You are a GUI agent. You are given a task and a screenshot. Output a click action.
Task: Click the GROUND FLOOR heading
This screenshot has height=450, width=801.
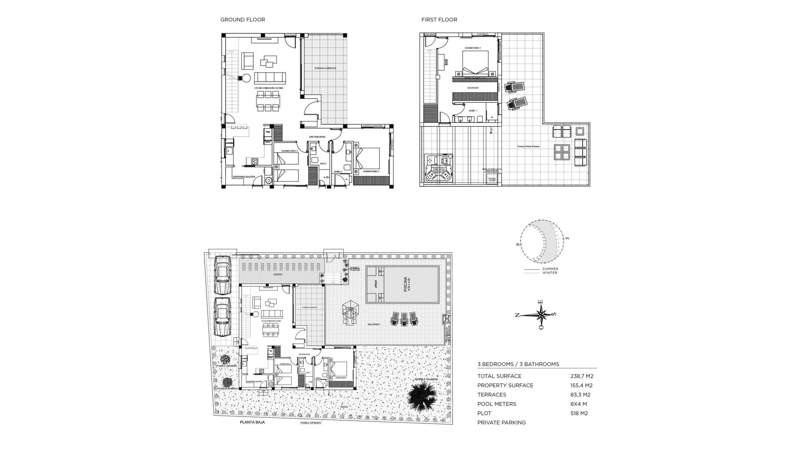[x=242, y=20]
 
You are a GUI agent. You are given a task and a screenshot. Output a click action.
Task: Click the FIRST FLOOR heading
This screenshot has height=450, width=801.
[x=439, y=20]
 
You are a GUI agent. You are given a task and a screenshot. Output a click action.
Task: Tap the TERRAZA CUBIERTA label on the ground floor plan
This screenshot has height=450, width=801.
[x=325, y=68]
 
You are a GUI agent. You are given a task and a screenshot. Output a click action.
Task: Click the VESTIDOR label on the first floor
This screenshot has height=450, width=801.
[x=473, y=88]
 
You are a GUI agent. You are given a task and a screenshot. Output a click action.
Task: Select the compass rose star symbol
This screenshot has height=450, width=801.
[x=541, y=314]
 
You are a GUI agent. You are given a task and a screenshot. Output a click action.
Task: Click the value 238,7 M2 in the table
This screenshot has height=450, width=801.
[x=582, y=376]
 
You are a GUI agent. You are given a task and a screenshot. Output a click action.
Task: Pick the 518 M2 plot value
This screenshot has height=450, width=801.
[x=579, y=413]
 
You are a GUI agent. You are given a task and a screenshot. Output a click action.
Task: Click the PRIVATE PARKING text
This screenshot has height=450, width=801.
[x=501, y=422]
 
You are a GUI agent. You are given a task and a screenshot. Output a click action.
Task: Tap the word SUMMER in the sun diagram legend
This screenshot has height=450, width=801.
[x=550, y=269]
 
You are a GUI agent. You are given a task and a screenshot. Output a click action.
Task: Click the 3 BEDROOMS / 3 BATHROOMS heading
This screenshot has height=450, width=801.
[x=518, y=364]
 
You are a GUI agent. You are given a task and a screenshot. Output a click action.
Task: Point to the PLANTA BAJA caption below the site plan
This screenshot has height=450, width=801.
[x=252, y=422]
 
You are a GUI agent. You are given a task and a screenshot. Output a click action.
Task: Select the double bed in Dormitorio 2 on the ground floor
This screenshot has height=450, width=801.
[x=368, y=158]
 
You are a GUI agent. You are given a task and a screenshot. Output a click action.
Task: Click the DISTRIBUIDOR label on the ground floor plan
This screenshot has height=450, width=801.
[x=317, y=137]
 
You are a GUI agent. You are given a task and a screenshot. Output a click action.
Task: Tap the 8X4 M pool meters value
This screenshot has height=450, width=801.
[x=579, y=404]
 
